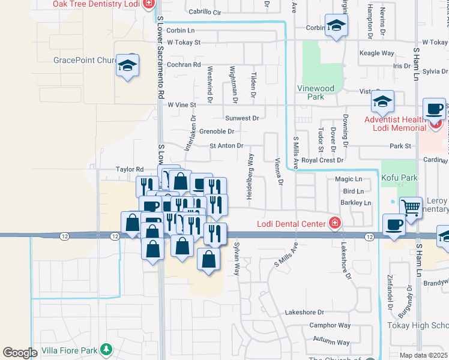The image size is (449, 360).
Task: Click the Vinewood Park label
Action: (315, 92)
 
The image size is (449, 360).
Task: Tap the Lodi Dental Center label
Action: (291, 224)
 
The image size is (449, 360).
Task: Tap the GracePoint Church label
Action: (84, 60)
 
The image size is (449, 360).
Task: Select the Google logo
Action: (20, 352)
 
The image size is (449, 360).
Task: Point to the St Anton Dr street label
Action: (226, 146)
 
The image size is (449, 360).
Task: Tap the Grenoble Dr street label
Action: (216, 131)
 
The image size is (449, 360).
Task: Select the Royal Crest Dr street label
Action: (322, 160)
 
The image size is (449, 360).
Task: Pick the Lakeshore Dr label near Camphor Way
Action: (304, 312)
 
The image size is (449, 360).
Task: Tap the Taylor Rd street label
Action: (130, 169)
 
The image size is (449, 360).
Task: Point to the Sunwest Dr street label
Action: (242, 118)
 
